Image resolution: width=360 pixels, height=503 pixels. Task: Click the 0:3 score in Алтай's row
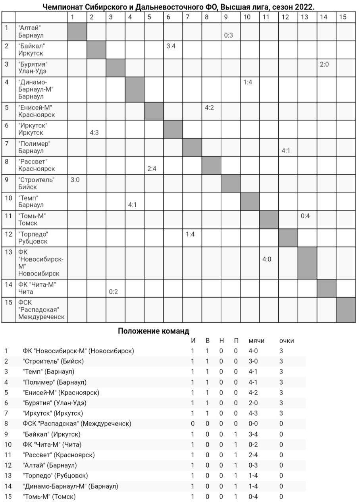228,35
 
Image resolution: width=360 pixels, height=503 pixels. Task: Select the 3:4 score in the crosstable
171,46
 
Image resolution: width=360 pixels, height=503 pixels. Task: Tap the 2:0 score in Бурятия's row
324,64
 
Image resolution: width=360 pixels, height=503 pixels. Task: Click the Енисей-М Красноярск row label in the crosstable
36,111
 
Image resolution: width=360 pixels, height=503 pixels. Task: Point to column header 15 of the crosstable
343,17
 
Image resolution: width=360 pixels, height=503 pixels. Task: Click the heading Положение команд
154,331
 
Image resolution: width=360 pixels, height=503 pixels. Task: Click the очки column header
286,341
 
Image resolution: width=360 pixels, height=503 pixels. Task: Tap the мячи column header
256,341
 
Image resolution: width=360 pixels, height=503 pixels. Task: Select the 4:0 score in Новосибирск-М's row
267,259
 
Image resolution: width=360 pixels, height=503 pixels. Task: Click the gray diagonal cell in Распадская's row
345,310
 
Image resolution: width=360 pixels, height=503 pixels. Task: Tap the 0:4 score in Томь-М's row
305,216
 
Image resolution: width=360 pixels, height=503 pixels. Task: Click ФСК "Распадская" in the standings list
77,424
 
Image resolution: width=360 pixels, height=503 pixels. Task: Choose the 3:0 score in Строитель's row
75,180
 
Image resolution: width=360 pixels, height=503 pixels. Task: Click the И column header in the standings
193,341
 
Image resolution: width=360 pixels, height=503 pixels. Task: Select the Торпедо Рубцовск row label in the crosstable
33,238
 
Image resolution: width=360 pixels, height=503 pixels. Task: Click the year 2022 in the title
304,7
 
